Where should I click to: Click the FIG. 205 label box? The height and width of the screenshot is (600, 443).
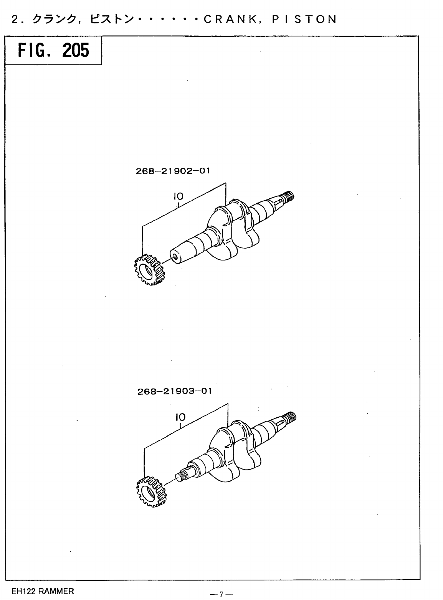(53, 50)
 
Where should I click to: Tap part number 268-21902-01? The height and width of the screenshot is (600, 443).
(173, 171)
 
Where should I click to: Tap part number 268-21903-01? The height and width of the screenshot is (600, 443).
(174, 392)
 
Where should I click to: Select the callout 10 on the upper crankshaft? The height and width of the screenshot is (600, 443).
(178, 196)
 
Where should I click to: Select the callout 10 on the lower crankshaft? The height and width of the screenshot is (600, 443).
(180, 417)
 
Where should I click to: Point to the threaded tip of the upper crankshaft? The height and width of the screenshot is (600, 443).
(288, 197)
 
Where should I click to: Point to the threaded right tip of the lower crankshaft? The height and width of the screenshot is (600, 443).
(289, 417)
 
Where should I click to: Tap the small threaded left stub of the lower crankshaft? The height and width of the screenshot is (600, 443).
(182, 476)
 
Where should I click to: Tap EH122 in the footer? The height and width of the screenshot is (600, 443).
(23, 591)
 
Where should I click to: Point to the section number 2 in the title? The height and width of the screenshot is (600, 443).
(15, 19)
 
